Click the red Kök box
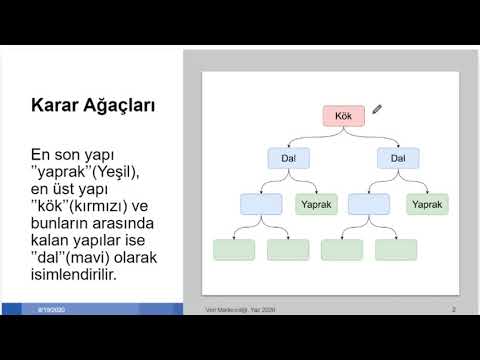pos(342,115)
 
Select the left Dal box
pos(288,159)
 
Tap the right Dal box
pos(397,159)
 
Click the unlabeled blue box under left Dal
pos(261,204)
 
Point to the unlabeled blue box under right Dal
pos(369,204)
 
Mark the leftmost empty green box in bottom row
pos(234,249)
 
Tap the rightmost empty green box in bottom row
pos(396,249)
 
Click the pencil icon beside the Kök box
pos(378,109)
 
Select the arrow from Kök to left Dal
pos(305,137)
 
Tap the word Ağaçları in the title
pos(128,106)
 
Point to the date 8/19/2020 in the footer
pos(50,311)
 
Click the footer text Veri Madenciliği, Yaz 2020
pos(239,310)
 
